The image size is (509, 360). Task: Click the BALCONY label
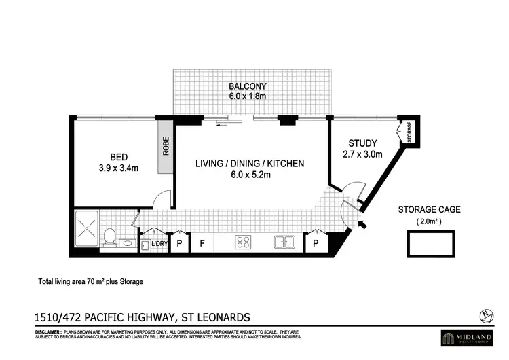(247, 86)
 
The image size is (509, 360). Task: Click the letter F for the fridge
(202, 242)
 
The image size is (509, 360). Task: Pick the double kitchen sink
(284, 242)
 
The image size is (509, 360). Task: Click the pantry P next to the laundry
(180, 242)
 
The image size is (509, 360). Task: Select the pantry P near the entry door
(316, 242)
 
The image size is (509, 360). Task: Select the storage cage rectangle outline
(430, 242)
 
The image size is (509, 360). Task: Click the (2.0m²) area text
(428, 221)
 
